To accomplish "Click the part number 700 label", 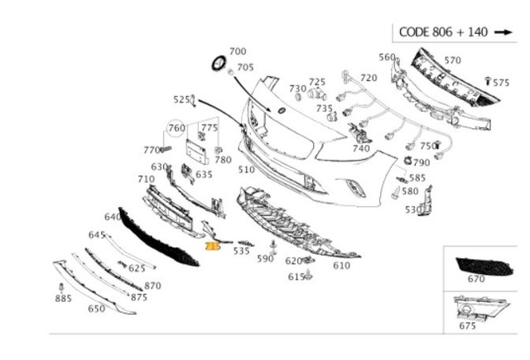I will pyautogui.click(x=238, y=51).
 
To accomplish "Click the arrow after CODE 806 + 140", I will pyautogui.click(x=503, y=32).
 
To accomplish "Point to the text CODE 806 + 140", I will pyautogui.click(x=443, y=32).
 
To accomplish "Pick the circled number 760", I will pyautogui.click(x=176, y=127).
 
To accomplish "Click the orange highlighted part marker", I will pyautogui.click(x=212, y=246).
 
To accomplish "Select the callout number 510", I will pyautogui.click(x=247, y=170).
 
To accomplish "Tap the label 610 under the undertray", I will pyautogui.click(x=341, y=266).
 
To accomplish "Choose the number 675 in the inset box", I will pyautogui.click(x=468, y=325).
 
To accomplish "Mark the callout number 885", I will pyautogui.click(x=64, y=298).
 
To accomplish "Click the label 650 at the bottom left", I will pyautogui.click(x=97, y=309).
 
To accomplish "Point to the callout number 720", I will pyautogui.click(x=369, y=78).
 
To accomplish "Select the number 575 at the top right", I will pyautogui.click(x=501, y=83).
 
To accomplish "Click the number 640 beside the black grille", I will pyautogui.click(x=113, y=217).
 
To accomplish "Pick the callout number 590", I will pyautogui.click(x=264, y=259).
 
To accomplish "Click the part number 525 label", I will pyautogui.click(x=181, y=99).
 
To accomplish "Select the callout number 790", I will pyautogui.click(x=422, y=163).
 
